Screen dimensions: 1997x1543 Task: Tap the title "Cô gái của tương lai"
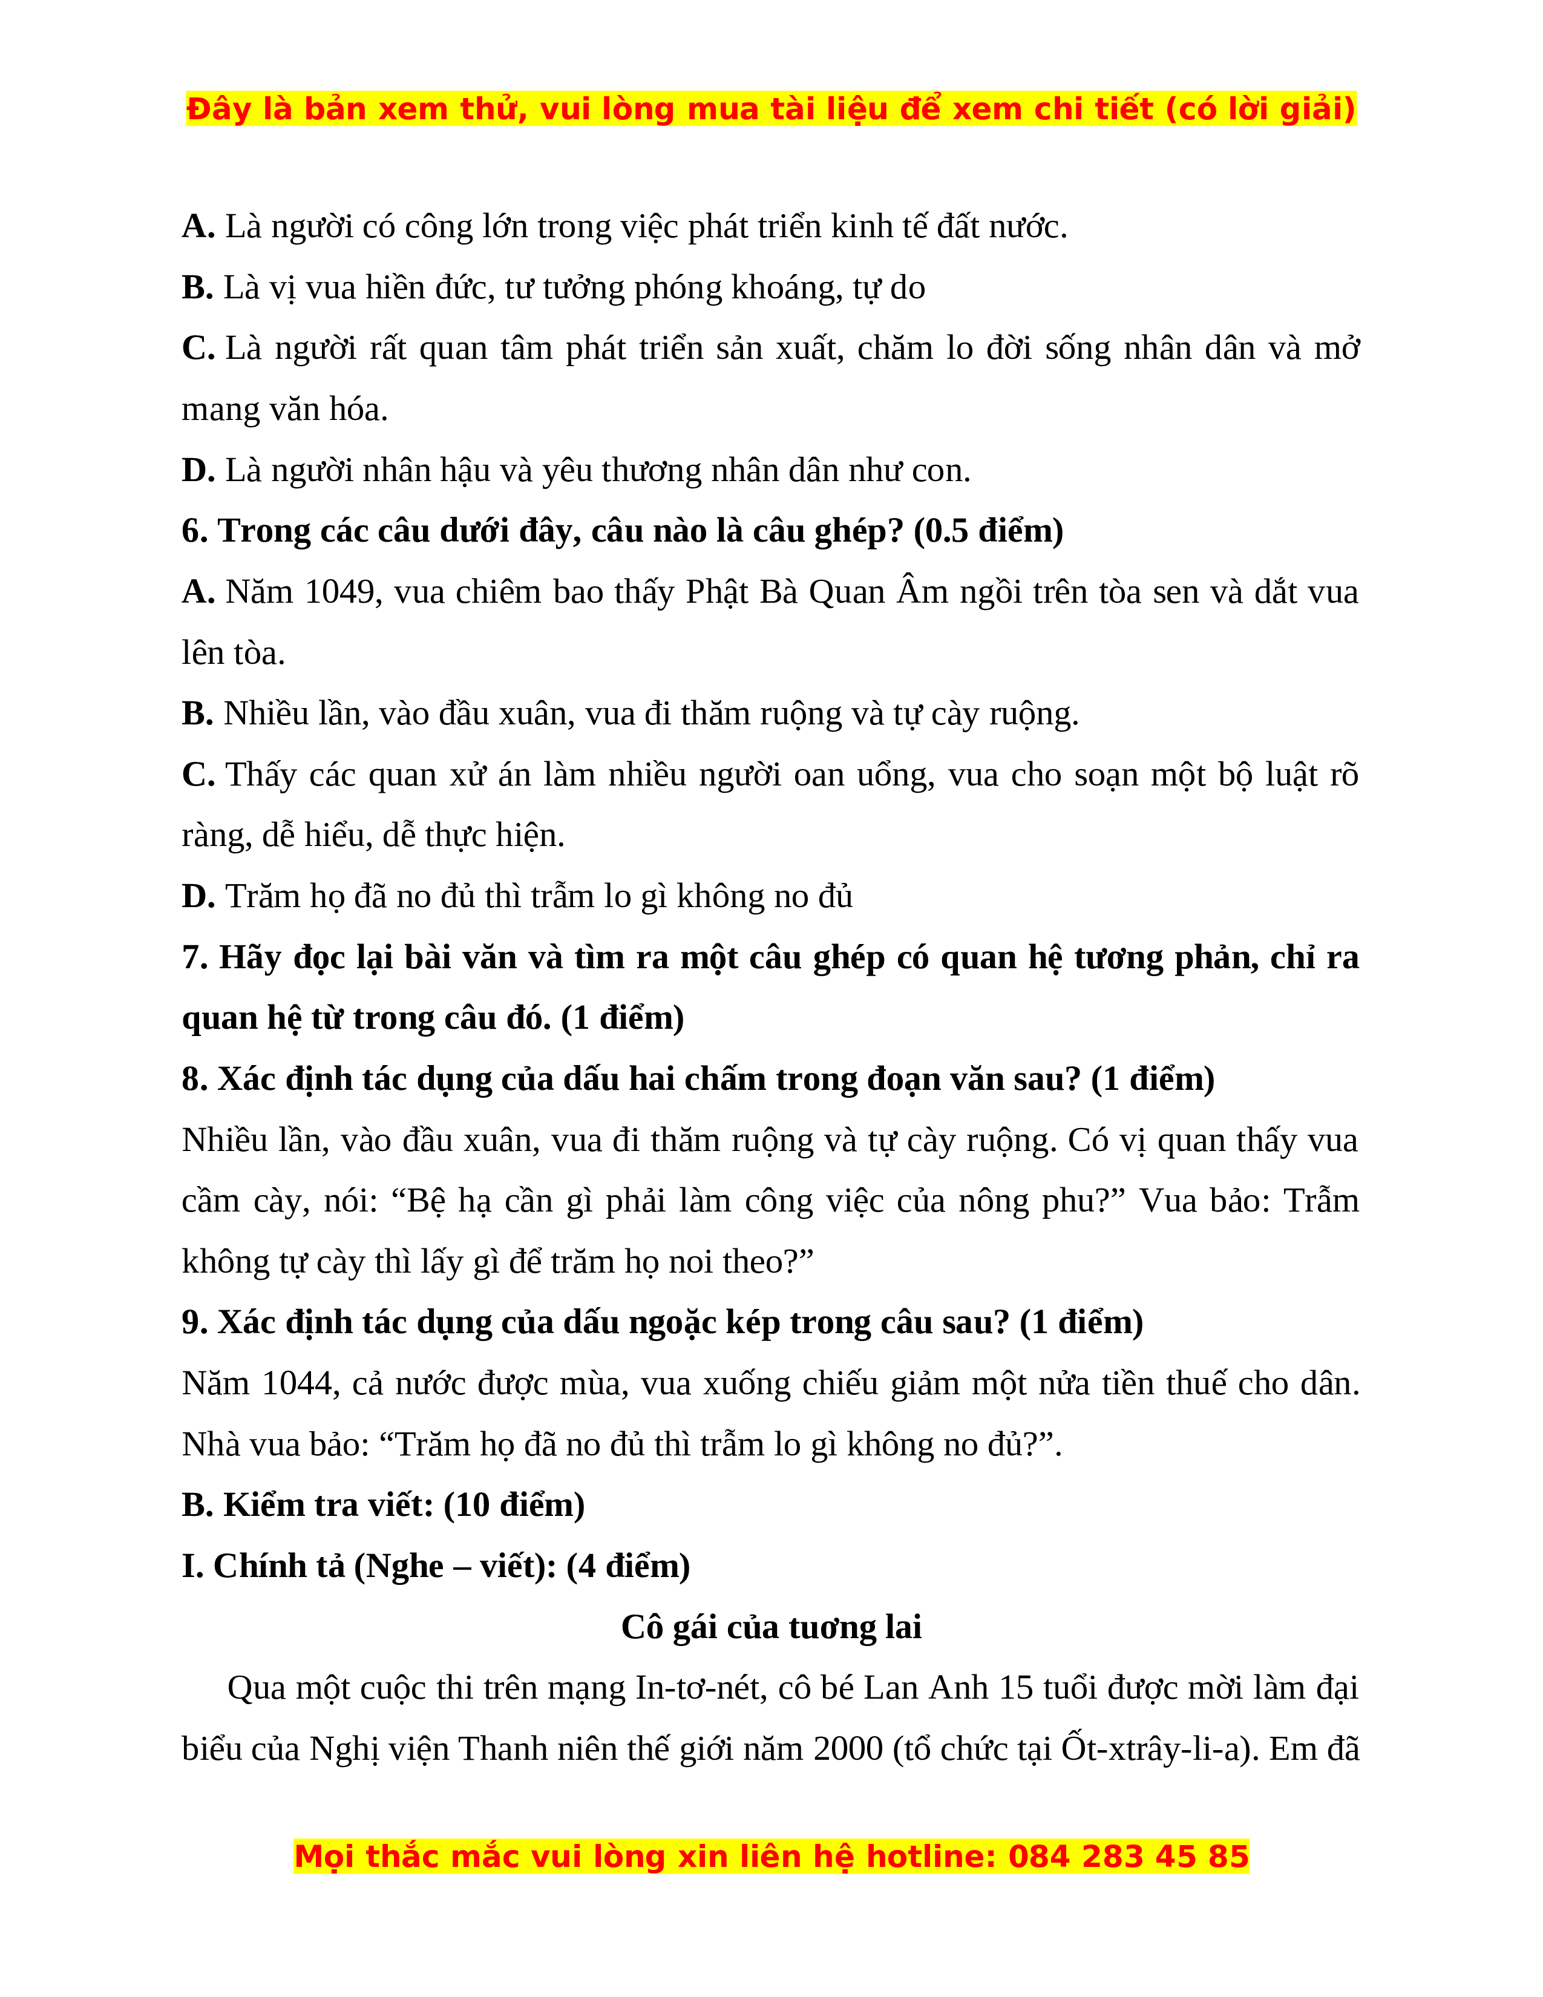point(770,1627)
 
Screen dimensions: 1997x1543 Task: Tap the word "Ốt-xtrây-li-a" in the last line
point(1155,1748)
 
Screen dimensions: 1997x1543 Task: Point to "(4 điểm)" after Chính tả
point(628,1566)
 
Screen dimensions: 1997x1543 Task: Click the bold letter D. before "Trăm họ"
point(197,896)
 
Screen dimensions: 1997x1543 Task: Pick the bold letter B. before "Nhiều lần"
point(197,713)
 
